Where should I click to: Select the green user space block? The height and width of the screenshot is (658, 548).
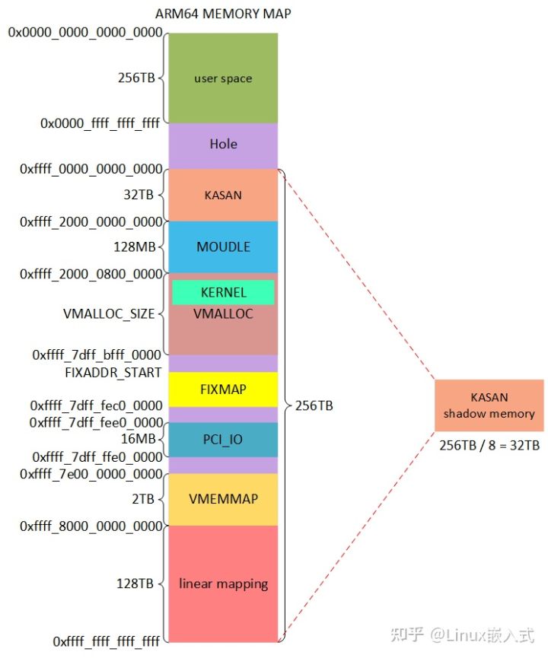point(222,78)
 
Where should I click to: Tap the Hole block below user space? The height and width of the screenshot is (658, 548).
point(222,144)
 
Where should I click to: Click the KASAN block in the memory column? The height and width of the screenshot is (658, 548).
point(222,195)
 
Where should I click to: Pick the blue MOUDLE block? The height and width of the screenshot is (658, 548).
point(222,246)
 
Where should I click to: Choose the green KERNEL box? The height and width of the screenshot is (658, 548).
point(222,292)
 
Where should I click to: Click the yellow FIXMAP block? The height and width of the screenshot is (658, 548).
point(222,389)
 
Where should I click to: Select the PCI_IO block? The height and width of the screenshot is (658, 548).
point(222,439)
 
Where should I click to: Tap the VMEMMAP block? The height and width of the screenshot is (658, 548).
point(222,499)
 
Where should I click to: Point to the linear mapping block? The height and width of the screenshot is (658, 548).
point(222,583)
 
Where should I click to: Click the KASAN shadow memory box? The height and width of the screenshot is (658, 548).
point(489,405)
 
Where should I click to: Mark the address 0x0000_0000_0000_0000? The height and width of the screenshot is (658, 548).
point(85,33)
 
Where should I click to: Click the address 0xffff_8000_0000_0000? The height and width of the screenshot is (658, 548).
point(91,526)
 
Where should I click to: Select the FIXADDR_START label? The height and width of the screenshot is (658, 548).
point(113,373)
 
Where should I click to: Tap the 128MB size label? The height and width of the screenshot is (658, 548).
point(135,247)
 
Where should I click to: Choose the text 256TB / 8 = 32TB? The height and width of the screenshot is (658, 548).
point(489,445)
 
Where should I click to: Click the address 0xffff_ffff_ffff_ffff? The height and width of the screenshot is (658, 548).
point(107,641)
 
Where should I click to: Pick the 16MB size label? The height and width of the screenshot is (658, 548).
point(138,439)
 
